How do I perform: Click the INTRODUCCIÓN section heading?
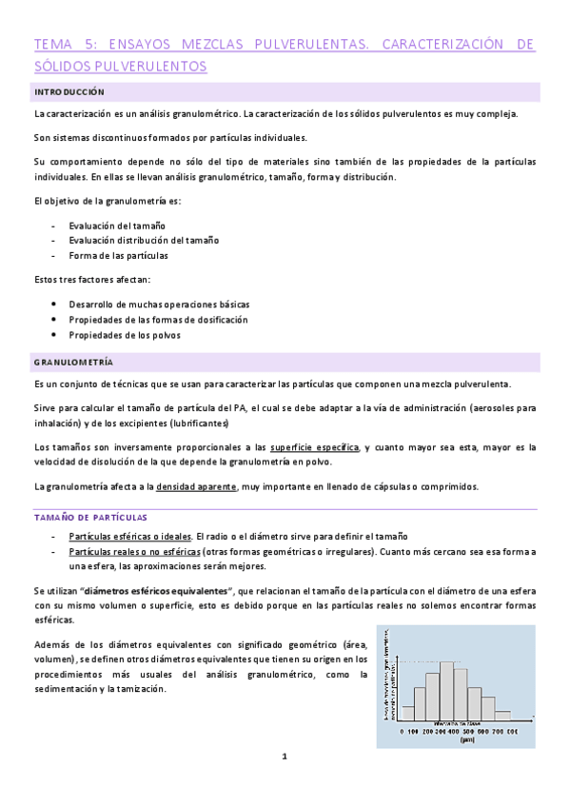69,91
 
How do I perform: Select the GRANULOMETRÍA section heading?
73,363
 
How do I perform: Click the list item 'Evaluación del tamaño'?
116,225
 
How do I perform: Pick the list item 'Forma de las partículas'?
118,256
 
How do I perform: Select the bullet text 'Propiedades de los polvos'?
124,335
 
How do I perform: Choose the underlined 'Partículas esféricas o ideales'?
129,536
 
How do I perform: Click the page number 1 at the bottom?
284,756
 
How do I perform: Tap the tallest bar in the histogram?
446,690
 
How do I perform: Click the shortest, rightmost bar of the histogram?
502,713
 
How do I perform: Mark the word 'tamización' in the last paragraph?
143,688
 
